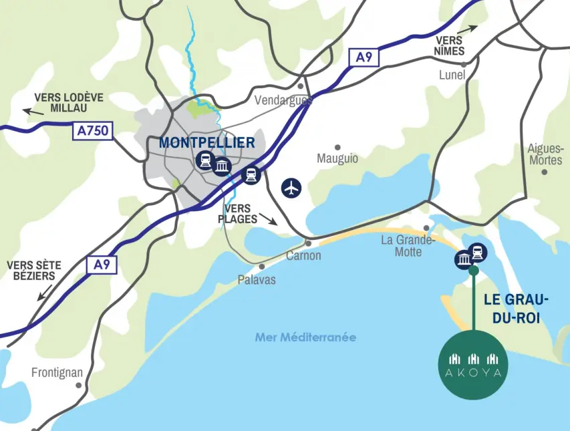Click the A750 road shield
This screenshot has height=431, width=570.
click(x=92, y=131)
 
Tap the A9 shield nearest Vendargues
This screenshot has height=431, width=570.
click(x=364, y=57)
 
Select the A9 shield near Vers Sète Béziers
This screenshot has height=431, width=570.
click(x=102, y=265)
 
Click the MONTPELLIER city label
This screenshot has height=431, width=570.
click(x=206, y=143)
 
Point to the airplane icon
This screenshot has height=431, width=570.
click(x=291, y=188)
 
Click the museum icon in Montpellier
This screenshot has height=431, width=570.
click(x=222, y=166)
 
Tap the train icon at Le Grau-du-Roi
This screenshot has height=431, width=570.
click(x=478, y=252)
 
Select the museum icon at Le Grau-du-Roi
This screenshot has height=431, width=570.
click(x=464, y=259)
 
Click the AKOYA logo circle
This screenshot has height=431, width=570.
click(x=474, y=365)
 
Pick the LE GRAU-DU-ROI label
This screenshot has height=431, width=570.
click(x=517, y=309)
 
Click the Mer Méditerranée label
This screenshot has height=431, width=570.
click(x=305, y=337)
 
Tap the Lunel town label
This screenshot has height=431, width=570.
click(x=452, y=75)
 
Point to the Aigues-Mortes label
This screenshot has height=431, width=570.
click(x=545, y=154)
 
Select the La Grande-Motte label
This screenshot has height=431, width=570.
click(x=408, y=246)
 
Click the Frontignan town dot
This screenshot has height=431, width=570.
click(x=79, y=385)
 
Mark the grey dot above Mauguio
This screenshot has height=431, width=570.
click(x=337, y=147)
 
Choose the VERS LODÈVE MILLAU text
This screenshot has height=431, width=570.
click(x=69, y=102)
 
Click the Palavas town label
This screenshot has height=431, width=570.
click(x=257, y=280)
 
